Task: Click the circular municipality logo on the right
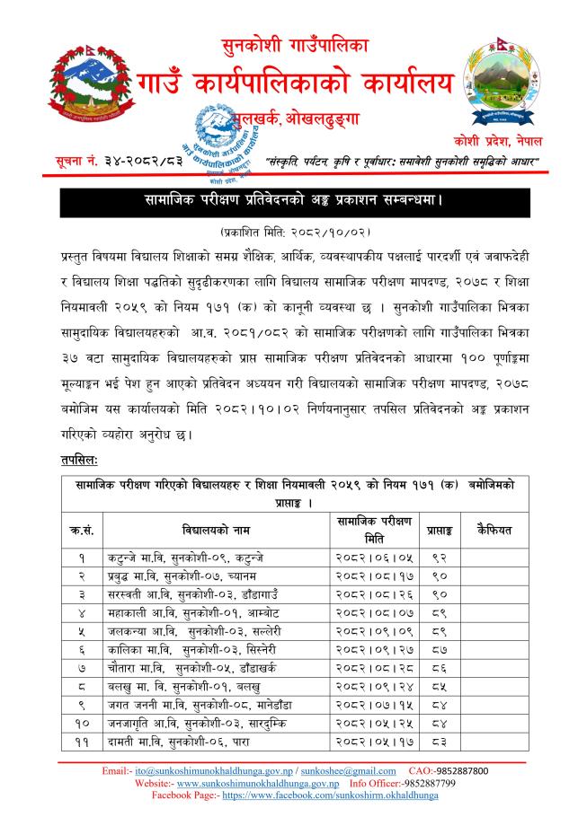point(501,92)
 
